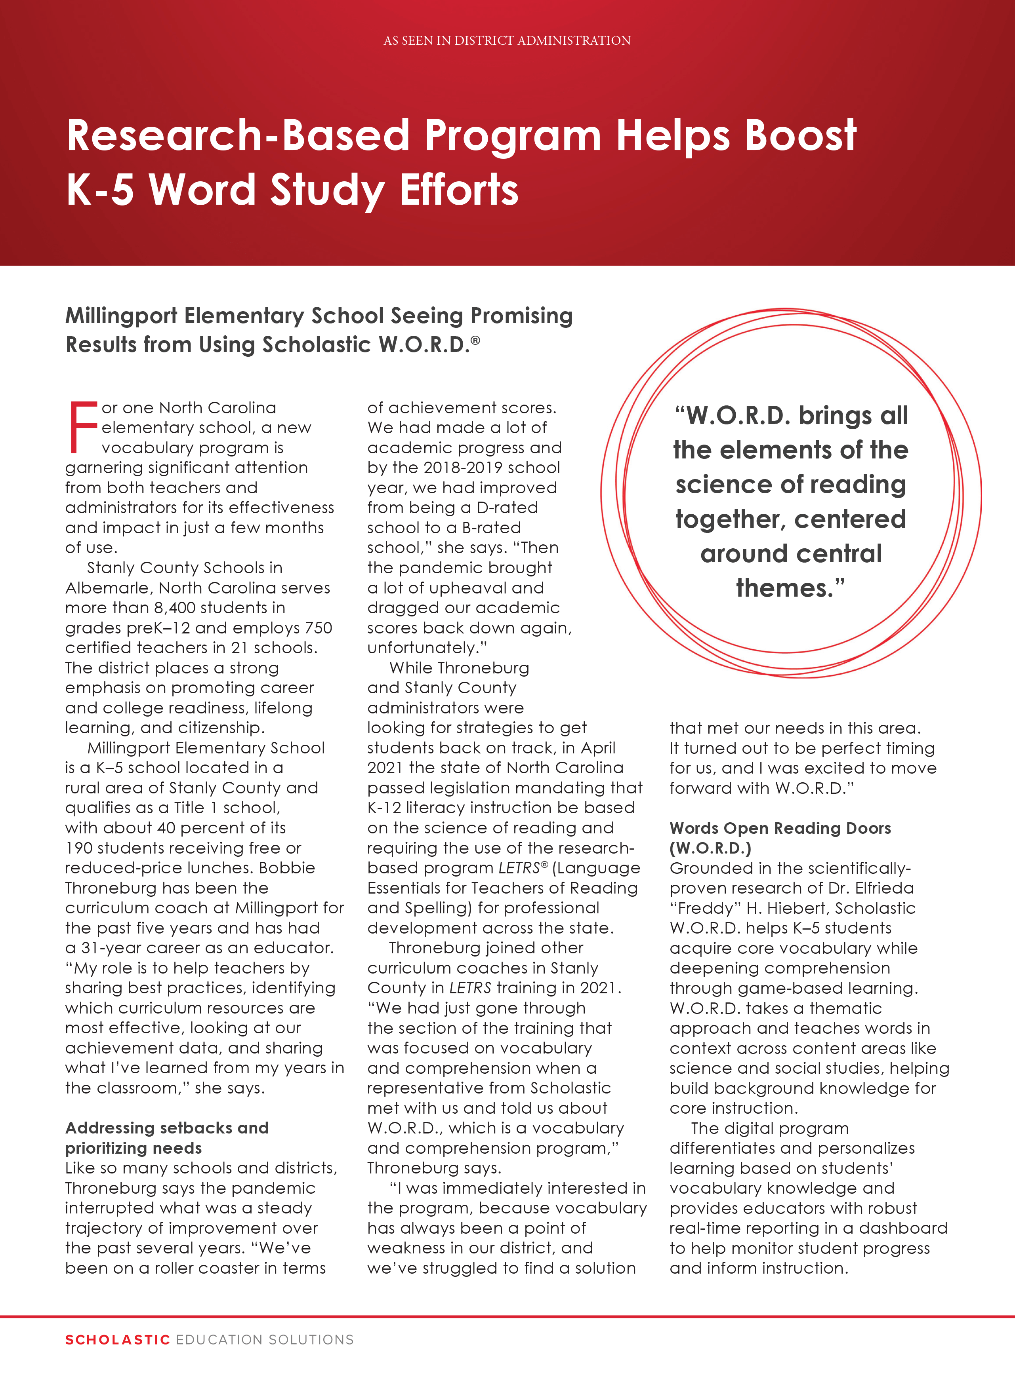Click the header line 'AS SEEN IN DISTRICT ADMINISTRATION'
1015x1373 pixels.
[x=507, y=40]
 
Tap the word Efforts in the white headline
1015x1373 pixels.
[x=459, y=189]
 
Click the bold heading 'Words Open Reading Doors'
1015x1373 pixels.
[x=780, y=828]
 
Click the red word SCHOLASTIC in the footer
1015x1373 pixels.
[x=117, y=1340]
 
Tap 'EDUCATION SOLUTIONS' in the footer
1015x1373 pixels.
[x=265, y=1340]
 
